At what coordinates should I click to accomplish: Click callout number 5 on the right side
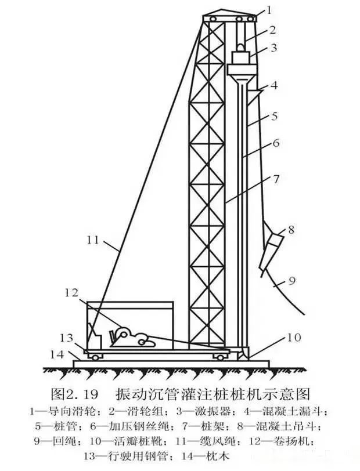(275, 116)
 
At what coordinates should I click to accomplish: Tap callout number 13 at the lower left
(69, 338)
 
